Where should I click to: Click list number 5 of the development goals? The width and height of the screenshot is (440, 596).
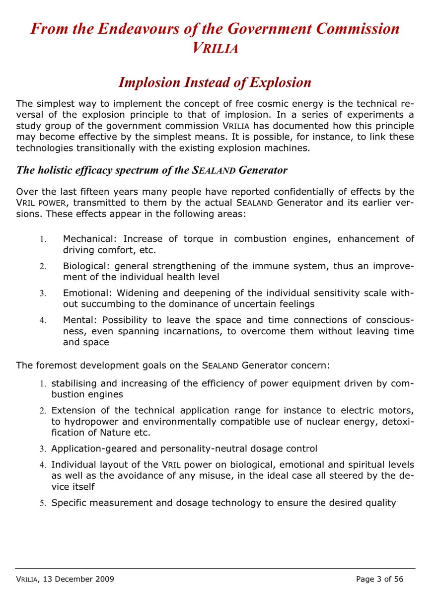pos(43,503)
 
